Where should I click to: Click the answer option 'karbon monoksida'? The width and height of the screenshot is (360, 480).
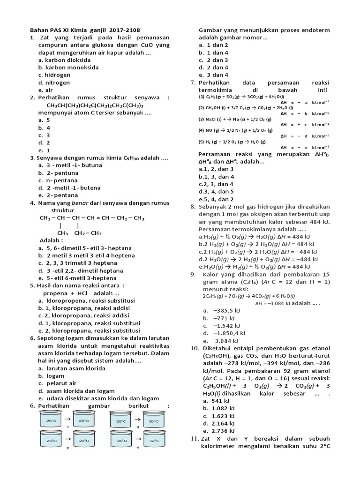(x=68, y=67)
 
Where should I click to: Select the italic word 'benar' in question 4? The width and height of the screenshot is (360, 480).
(x=79, y=203)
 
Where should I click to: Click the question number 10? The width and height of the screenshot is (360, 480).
(x=195, y=348)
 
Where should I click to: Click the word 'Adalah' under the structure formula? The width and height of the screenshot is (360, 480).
(x=52, y=240)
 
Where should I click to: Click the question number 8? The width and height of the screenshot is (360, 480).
(x=193, y=207)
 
